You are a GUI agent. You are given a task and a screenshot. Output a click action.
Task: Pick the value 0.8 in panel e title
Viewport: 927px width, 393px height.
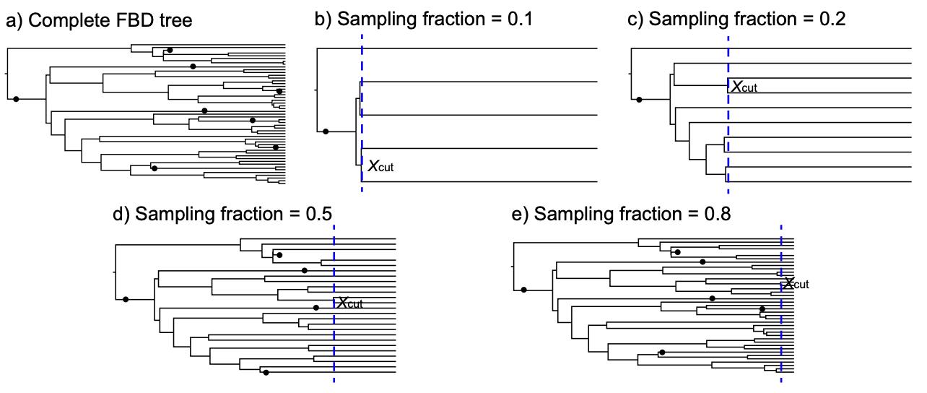[x=714, y=214]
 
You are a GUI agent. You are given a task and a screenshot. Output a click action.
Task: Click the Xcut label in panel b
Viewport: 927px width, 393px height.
[x=381, y=167]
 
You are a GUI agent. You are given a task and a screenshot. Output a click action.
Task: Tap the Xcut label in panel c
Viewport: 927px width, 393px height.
[x=745, y=87]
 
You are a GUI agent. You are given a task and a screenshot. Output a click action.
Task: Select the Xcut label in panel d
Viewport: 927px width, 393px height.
[x=349, y=303]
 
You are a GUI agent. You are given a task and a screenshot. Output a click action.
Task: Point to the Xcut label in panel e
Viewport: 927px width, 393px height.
[x=796, y=283]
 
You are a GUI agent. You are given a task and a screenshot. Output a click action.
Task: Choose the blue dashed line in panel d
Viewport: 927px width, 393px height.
[x=334, y=347]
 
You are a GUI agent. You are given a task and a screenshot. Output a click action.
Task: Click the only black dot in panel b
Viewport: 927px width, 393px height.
[x=326, y=131]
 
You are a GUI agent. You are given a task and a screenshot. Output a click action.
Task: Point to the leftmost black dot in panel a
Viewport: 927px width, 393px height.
[x=16, y=98]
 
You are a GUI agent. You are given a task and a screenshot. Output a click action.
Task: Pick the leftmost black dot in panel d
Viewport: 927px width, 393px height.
[x=126, y=298]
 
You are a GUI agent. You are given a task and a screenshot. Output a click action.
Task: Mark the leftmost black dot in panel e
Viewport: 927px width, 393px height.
[x=523, y=290]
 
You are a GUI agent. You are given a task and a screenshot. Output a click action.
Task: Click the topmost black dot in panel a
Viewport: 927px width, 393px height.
[x=170, y=51]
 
